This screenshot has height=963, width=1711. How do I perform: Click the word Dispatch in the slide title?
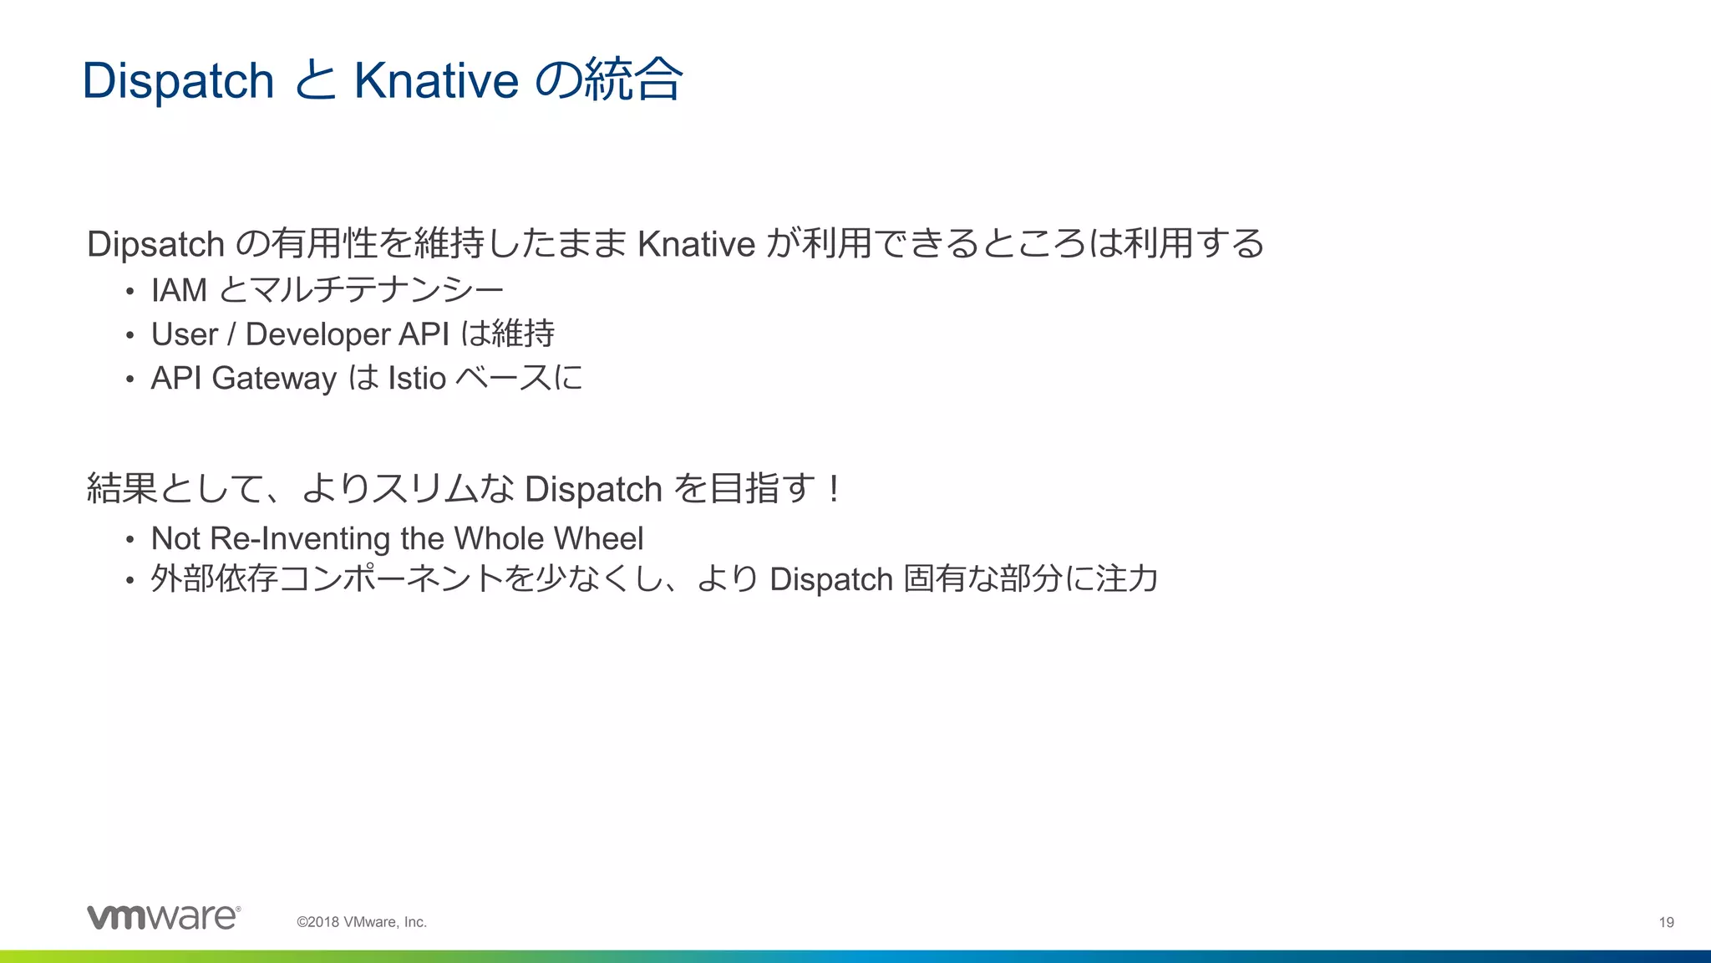pos(178,81)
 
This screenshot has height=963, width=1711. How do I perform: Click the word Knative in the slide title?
pos(436,81)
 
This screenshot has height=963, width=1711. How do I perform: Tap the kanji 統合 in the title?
pos(633,80)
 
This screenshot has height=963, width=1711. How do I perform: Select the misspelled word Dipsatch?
pos(155,244)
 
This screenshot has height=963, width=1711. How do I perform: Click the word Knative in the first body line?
pos(696,244)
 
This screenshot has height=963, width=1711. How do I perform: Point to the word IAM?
pos(179,290)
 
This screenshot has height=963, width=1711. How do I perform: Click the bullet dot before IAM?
pos(129,292)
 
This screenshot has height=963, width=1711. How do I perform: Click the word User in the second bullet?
pos(184,334)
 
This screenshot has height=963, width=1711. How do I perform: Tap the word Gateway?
pos(274,379)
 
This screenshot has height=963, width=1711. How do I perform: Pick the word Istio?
pos(417,379)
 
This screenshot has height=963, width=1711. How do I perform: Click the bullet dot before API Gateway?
pos(129,380)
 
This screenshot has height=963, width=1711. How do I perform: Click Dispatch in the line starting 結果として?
pos(593,490)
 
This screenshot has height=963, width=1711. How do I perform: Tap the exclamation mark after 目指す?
pos(833,488)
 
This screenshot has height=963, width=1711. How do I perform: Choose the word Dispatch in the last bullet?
pos(831,579)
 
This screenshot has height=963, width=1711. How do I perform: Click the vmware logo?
pos(164,917)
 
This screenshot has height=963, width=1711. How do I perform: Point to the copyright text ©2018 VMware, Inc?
pos(362,922)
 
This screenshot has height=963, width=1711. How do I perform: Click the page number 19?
pos(1666,922)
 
